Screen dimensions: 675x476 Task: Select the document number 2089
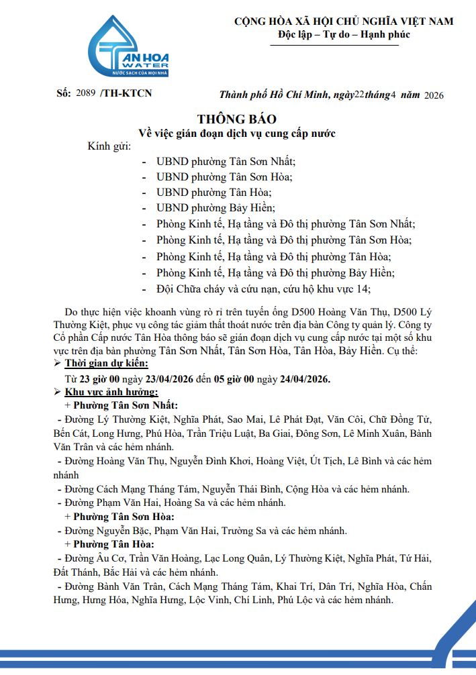87,94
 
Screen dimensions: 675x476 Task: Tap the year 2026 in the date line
434,95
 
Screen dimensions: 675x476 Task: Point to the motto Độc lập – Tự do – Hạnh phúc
344,35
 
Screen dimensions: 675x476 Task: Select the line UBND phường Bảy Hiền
216,208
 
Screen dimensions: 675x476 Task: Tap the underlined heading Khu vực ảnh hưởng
111,392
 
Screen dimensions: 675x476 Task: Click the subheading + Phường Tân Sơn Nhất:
122,406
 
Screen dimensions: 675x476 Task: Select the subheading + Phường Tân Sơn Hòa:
120,517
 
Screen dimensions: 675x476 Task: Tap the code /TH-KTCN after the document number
126,94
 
